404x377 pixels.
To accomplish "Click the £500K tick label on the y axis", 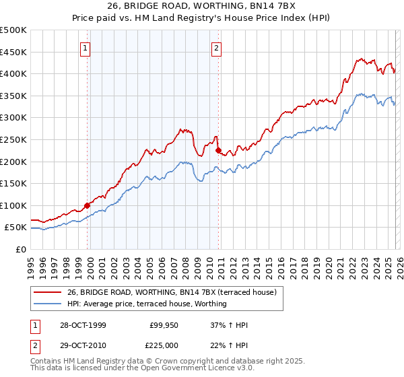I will point(13,30).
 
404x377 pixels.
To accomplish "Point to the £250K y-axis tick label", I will point(13,139).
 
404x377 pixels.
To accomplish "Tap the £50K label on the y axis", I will point(15,228).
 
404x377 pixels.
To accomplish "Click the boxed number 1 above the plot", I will point(86,48).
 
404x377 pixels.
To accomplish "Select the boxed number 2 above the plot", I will point(217,48).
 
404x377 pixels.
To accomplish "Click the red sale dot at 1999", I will point(88,205).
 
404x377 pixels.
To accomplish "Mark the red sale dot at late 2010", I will point(218,151).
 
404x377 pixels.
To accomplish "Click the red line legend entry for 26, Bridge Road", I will point(175,292).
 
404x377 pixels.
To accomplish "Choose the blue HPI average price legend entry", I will point(146,304).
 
